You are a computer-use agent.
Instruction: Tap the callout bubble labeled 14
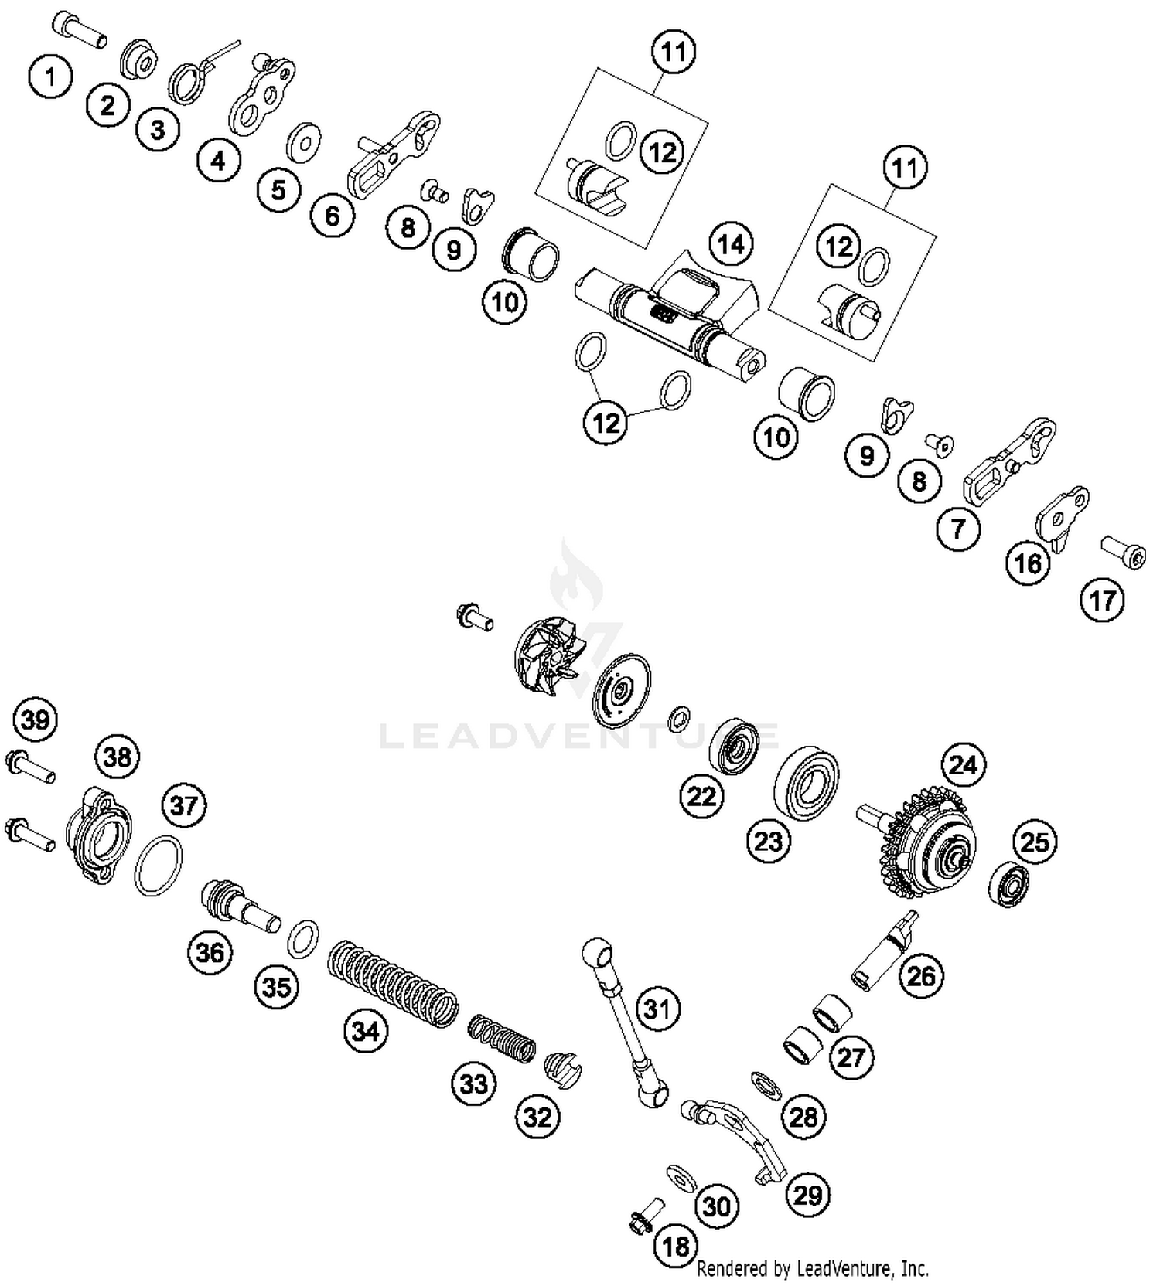coord(730,244)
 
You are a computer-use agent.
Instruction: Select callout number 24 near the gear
coord(963,765)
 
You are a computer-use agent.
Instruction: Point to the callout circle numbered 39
coord(36,720)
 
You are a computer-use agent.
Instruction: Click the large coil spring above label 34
coord(393,983)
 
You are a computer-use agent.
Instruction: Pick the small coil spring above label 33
coord(502,1038)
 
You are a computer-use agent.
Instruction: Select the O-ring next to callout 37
coord(159,865)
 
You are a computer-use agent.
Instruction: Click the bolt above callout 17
coord(1123,552)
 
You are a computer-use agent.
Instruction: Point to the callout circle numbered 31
coord(657,1009)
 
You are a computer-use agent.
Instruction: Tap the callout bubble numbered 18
coord(676,1245)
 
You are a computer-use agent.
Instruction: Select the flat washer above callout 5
coord(304,141)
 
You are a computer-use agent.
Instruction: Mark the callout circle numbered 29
coord(807,1196)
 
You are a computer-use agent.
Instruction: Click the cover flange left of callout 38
coord(98,835)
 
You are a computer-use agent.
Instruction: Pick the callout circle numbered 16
coord(1028,563)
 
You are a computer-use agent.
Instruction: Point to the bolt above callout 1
coord(79,29)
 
